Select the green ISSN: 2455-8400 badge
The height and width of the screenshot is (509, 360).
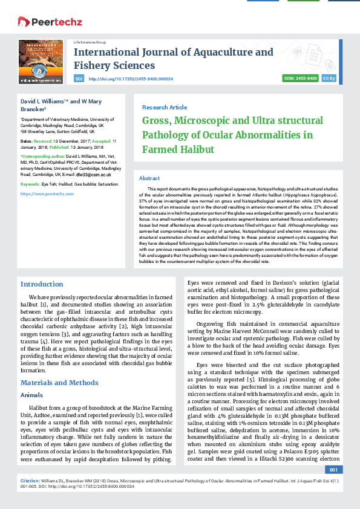pyautogui.click(x=301, y=79)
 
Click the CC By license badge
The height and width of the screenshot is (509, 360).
pyautogui.click(x=329, y=79)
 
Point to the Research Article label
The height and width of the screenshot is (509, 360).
pyautogui.click(x=165, y=107)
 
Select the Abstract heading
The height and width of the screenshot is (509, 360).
pyautogui.click(x=149, y=178)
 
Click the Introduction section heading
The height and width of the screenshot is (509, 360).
pyautogui.click(x=42, y=284)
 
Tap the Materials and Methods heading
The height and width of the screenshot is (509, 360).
pyautogui.click(x=59, y=383)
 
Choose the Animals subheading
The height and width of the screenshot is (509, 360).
pyautogui.click(x=32, y=394)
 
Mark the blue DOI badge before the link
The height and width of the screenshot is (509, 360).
pyautogui.click(x=79, y=79)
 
